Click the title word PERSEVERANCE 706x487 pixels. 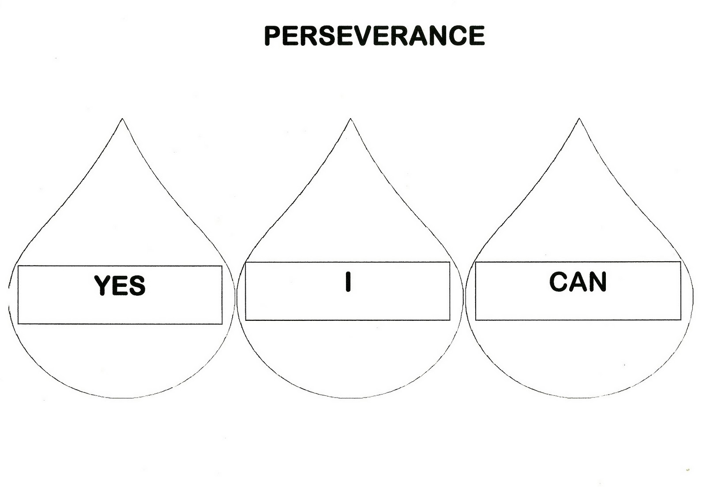(374, 36)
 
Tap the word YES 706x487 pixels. (120, 285)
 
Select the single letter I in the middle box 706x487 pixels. (348, 282)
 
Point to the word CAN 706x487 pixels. (578, 282)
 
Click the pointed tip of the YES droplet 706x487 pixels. (122, 119)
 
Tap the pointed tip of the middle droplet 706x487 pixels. (351, 119)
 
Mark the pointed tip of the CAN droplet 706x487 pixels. (579, 119)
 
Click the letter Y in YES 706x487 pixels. (102, 285)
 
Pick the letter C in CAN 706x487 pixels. (558, 282)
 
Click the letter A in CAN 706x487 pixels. (578, 282)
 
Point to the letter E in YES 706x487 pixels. (120, 285)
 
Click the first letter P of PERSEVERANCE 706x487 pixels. (273, 36)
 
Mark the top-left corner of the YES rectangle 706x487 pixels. (18, 266)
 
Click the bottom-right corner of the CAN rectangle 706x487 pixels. (680, 320)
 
